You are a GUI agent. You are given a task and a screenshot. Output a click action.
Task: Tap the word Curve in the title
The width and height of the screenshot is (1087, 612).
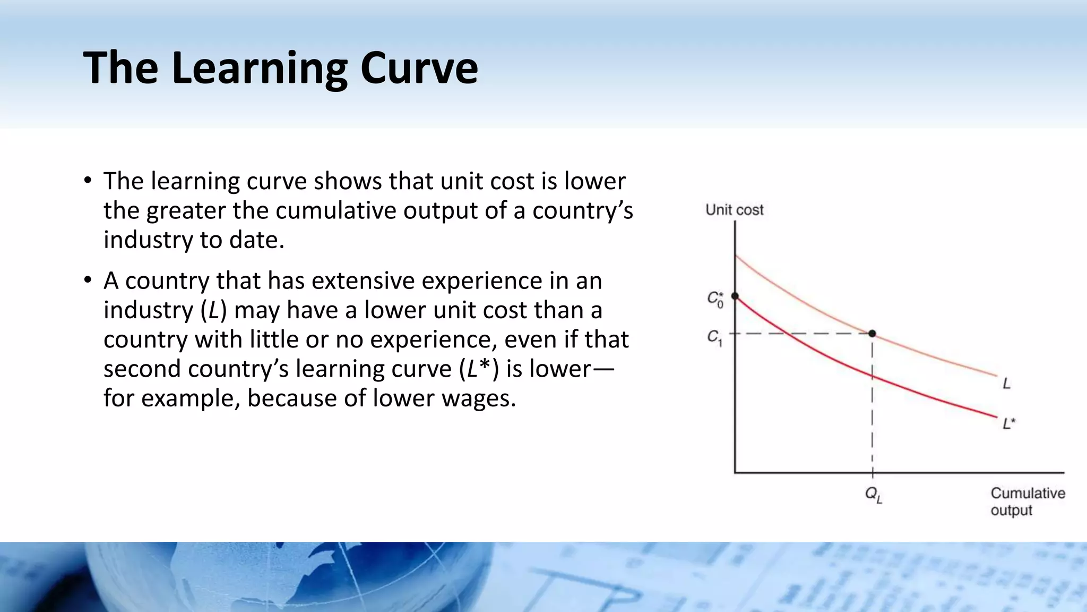(419, 68)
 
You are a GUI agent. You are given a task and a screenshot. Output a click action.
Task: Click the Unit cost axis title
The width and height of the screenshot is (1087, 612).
(734, 210)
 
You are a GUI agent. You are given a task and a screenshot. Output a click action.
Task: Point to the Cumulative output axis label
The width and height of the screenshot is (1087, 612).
(1027, 501)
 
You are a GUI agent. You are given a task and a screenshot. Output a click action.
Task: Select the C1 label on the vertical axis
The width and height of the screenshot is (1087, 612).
(714, 337)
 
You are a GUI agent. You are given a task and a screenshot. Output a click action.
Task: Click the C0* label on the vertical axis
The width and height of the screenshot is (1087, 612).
(715, 299)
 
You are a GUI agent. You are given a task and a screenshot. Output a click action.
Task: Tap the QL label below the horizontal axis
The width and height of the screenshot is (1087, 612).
(873, 495)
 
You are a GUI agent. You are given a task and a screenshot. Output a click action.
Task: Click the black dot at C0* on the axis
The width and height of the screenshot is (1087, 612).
(735, 296)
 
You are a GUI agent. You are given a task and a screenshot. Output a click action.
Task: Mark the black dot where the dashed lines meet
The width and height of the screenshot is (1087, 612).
(872, 334)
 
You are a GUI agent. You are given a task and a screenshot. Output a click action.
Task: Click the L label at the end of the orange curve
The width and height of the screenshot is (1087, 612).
(1006, 383)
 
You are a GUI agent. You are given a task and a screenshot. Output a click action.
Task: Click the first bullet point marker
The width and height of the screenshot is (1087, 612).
(88, 181)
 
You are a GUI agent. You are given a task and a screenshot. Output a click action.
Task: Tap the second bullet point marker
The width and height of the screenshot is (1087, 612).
(88, 280)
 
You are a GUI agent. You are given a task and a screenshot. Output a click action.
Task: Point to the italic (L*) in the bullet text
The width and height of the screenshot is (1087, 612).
(478, 369)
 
